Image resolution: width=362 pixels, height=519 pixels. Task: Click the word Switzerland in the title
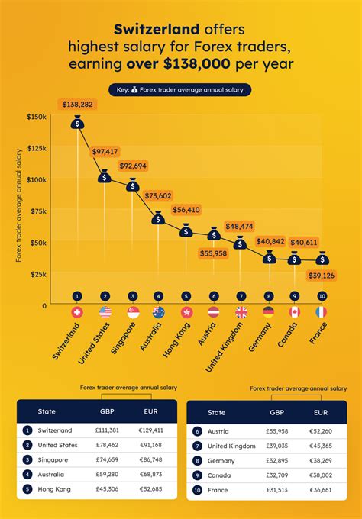point(150,31)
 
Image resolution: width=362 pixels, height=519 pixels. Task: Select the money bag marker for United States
point(105,176)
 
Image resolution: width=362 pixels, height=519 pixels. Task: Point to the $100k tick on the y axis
point(36,179)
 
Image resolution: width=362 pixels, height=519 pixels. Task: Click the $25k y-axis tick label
point(38,274)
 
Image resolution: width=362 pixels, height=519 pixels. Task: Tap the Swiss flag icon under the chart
point(76,312)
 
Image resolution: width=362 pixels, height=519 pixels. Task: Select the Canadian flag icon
point(294,312)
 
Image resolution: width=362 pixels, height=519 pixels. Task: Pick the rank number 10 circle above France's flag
point(321,296)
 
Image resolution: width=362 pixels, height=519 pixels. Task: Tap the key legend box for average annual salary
point(180,89)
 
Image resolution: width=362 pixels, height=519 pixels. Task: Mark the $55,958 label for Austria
point(213,253)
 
